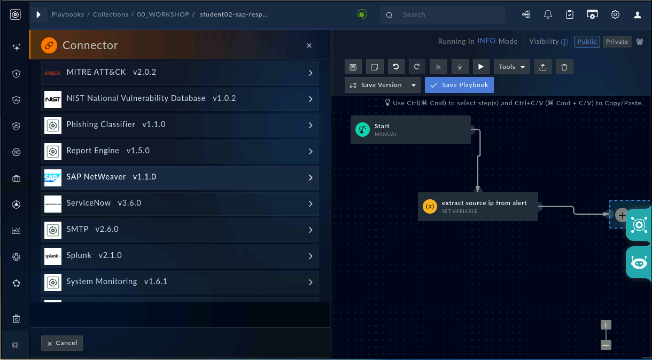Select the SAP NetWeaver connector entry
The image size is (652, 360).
pyautogui.click(x=180, y=178)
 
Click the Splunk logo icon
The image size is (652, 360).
pyautogui.click(x=53, y=256)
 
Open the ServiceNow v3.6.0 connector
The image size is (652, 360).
pyautogui.click(x=180, y=204)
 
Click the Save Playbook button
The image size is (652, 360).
pyautogui.click(x=459, y=85)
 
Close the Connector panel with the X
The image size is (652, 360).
pyautogui.click(x=309, y=45)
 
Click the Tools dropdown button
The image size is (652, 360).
pyautogui.click(x=511, y=67)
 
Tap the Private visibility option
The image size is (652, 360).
pyautogui.click(x=617, y=42)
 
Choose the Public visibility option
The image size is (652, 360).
pyautogui.click(x=587, y=42)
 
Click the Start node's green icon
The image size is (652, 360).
pyautogui.click(x=362, y=130)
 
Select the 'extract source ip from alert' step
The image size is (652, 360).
pyautogui.click(x=478, y=207)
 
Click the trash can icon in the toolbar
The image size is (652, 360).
pyautogui.click(x=564, y=67)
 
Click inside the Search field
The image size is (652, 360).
pyautogui.click(x=443, y=15)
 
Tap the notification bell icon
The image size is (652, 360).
pyautogui.click(x=548, y=14)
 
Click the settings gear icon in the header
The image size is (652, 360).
pyautogui.click(x=615, y=14)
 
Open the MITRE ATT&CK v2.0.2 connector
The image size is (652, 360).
pyautogui.click(x=180, y=73)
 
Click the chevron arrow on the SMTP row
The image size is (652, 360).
pyautogui.click(x=311, y=230)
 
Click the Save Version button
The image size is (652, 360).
pyautogui.click(x=376, y=85)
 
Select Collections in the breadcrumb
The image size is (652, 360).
pyautogui.click(x=110, y=14)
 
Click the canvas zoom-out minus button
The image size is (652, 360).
pyautogui.click(x=606, y=345)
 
